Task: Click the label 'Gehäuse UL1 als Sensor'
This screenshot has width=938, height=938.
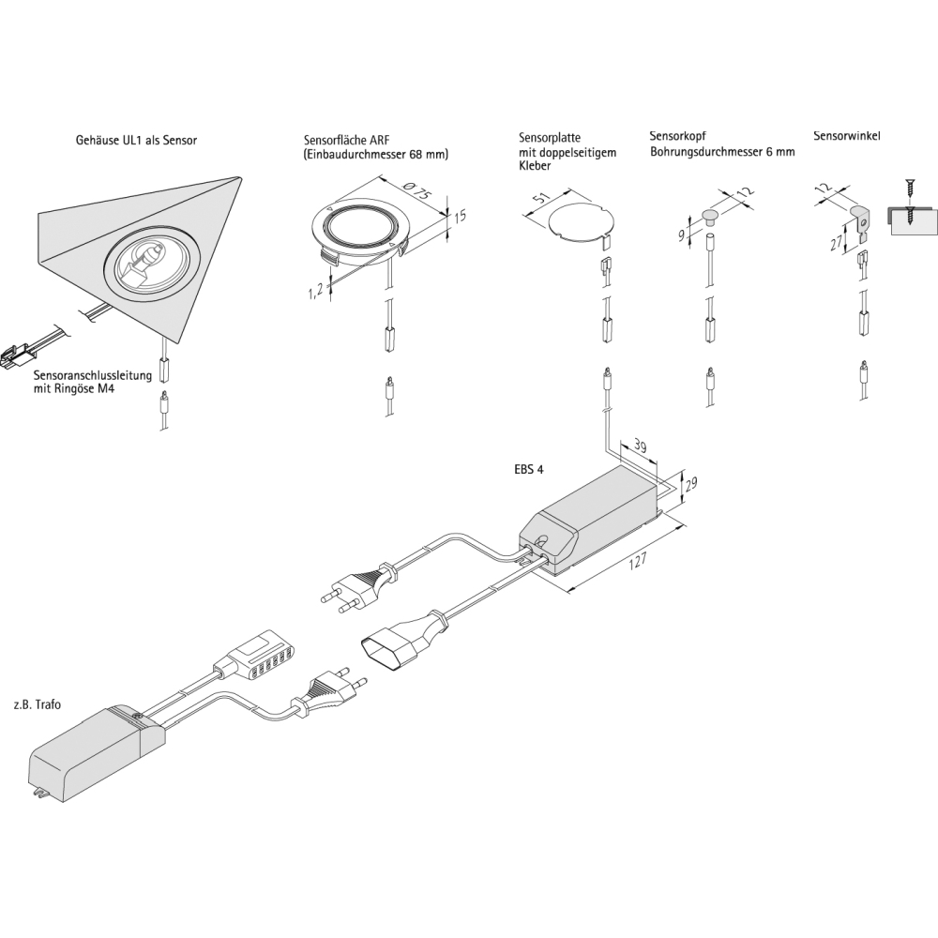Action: pyautogui.click(x=136, y=141)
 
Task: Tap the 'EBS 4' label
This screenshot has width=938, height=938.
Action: pyautogui.click(x=530, y=472)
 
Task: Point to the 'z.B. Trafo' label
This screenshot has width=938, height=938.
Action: pyautogui.click(x=38, y=703)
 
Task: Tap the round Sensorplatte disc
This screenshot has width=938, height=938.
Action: pyautogui.click(x=581, y=221)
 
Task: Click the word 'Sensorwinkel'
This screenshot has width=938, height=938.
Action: pyautogui.click(x=846, y=136)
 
